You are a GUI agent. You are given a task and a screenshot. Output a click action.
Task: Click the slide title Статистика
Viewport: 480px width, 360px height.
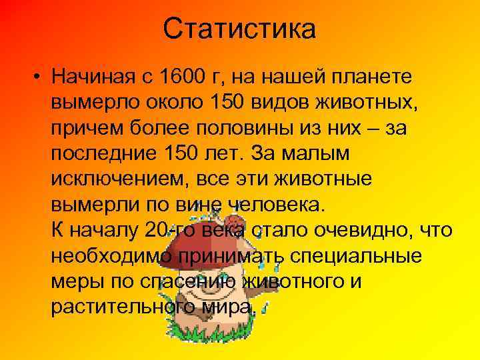(240, 29)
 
